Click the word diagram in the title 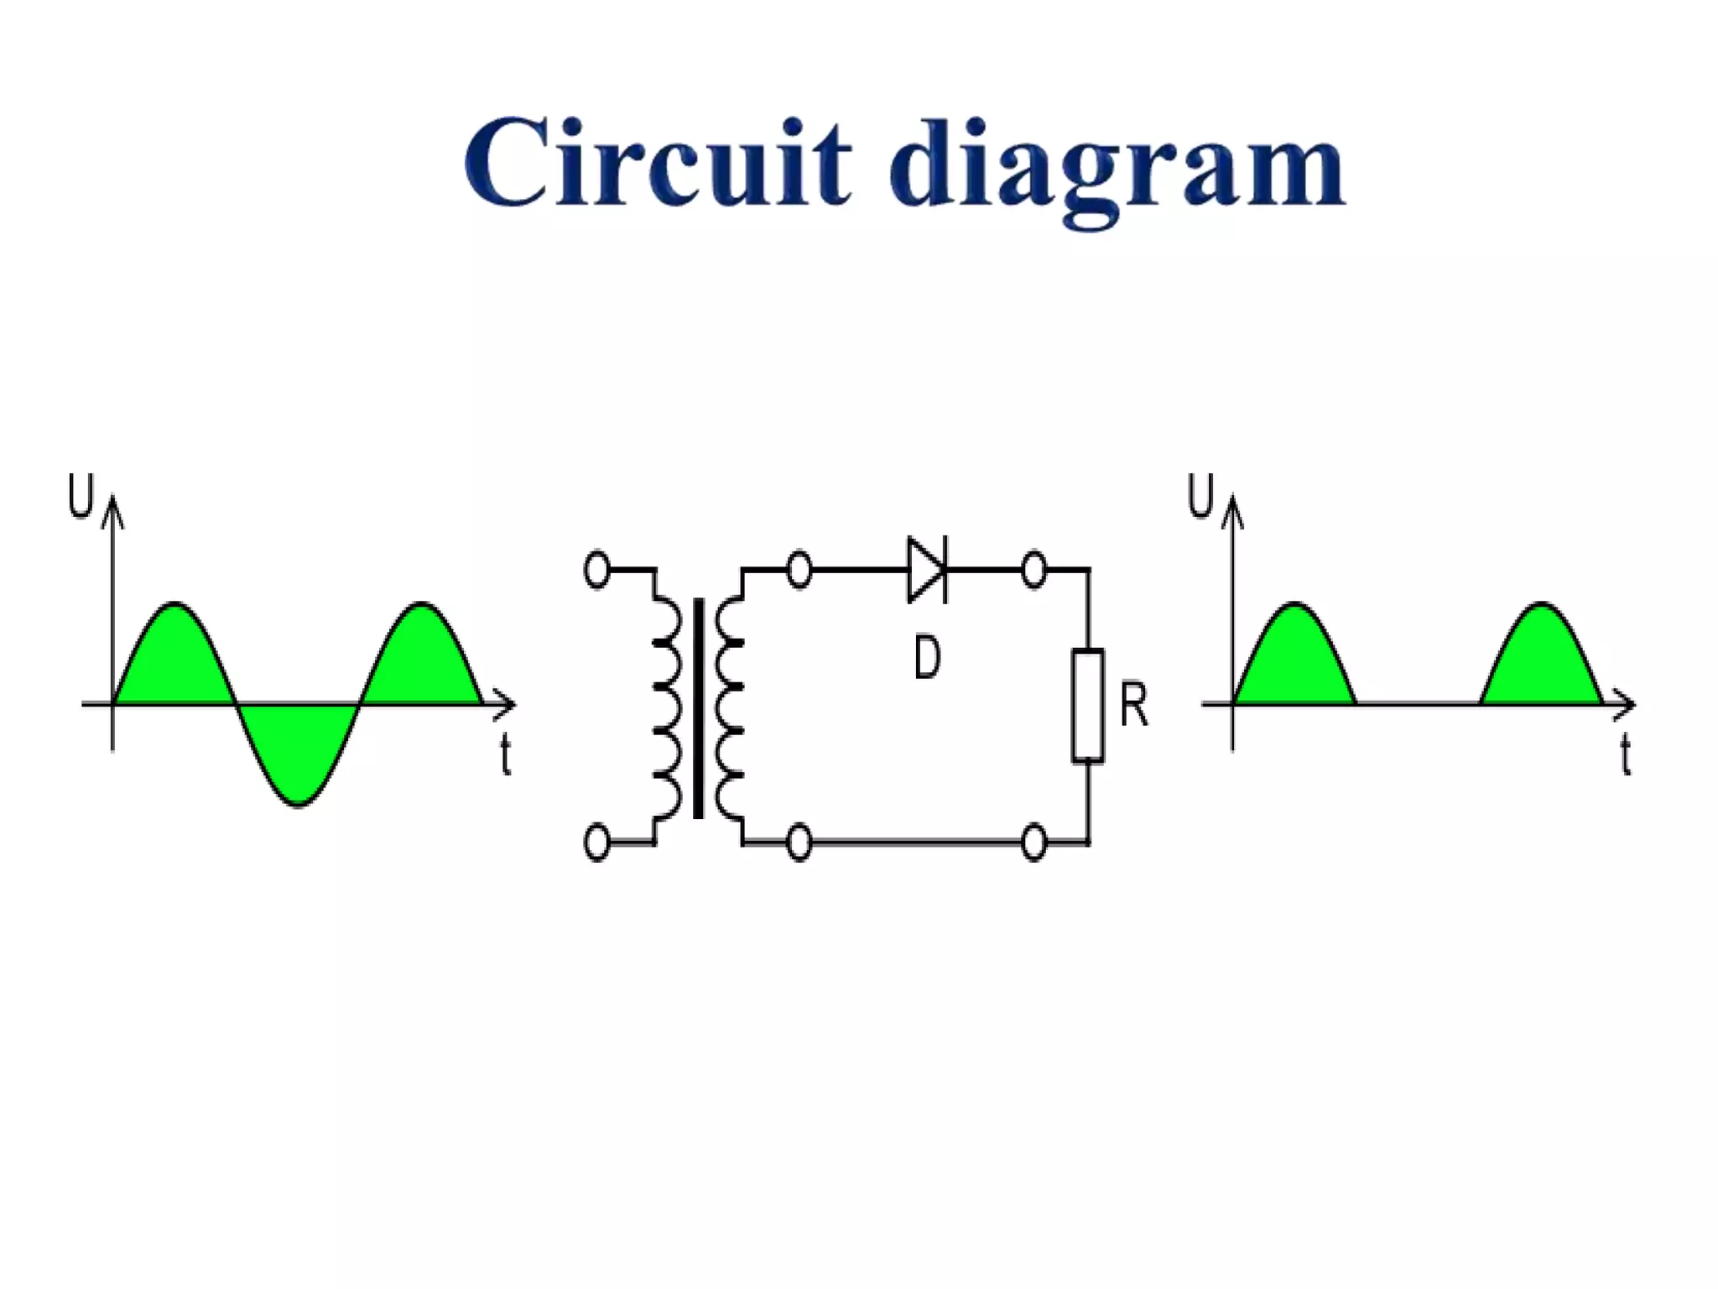[x=1117, y=168]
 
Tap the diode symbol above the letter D [x=927, y=570]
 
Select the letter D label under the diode [x=927, y=657]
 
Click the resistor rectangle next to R [x=1088, y=706]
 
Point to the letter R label [x=1133, y=705]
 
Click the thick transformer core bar [x=698, y=707]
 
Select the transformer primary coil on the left [x=666, y=707]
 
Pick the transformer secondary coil [x=729, y=707]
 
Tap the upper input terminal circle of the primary [x=596, y=570]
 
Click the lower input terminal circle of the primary [x=596, y=843]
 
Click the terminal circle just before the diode [x=799, y=570]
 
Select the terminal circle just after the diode [x=1034, y=570]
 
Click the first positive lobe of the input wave [x=174, y=659]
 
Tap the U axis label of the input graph [x=81, y=496]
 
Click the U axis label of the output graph [x=1200, y=496]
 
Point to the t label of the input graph [x=505, y=754]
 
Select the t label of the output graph [x=1626, y=754]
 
